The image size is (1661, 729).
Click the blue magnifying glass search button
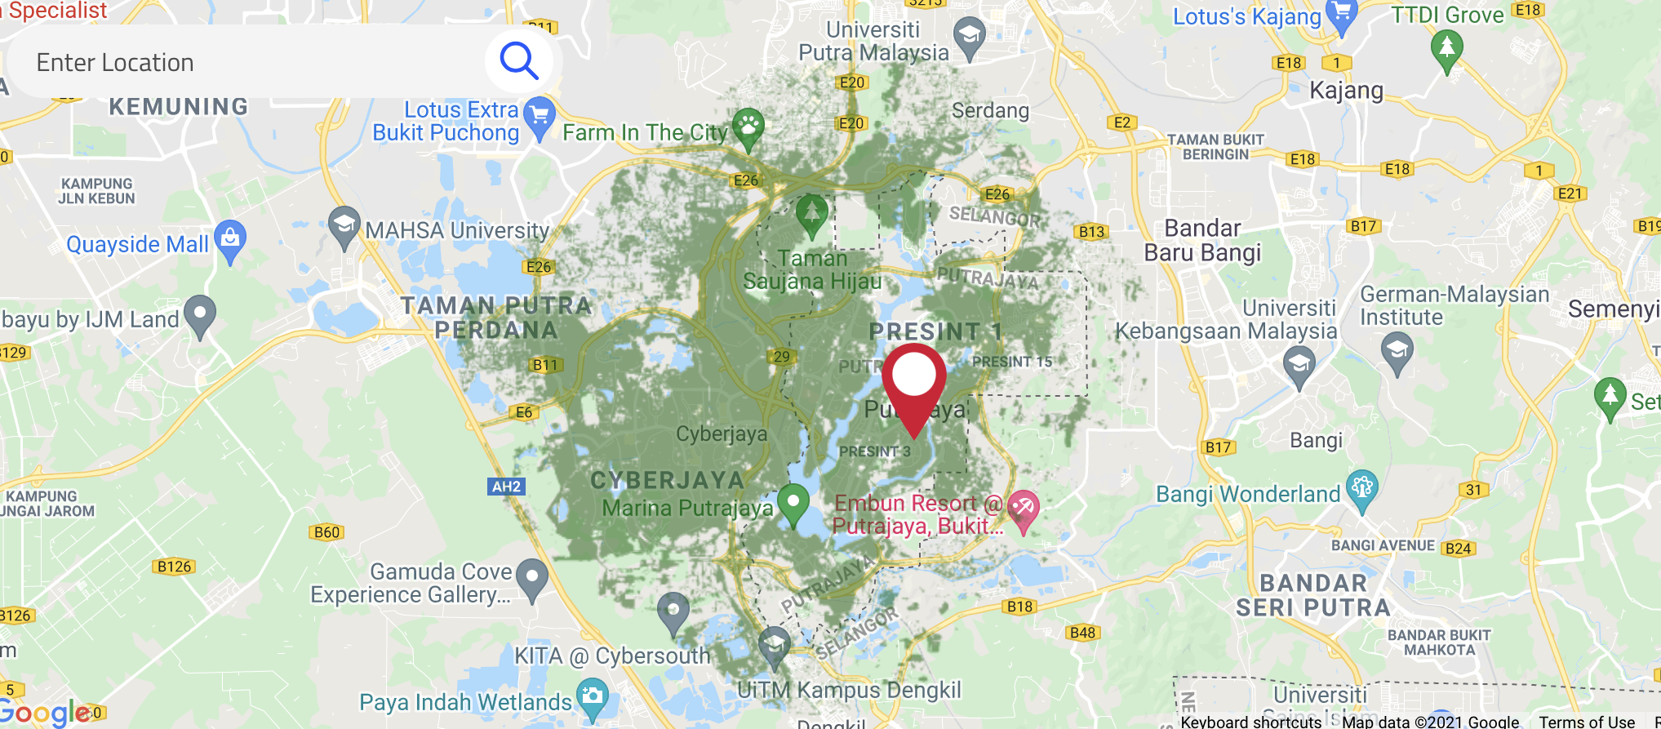point(519,60)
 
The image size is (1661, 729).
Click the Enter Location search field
point(245,63)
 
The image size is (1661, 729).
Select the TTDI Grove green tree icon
point(1446,49)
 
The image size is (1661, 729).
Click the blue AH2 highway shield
point(506,487)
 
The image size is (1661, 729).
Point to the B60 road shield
point(326,532)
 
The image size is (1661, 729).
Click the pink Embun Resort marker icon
point(1022,509)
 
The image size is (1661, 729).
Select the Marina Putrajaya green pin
point(793,502)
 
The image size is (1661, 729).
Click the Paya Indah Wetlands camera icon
point(592,698)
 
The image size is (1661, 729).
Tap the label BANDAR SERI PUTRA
point(1312,595)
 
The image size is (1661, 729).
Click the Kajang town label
point(1346,90)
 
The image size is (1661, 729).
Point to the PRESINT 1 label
point(935,331)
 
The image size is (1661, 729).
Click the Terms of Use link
point(1586,722)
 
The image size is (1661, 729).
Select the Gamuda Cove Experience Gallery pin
point(532,578)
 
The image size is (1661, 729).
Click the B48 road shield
point(1082,633)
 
